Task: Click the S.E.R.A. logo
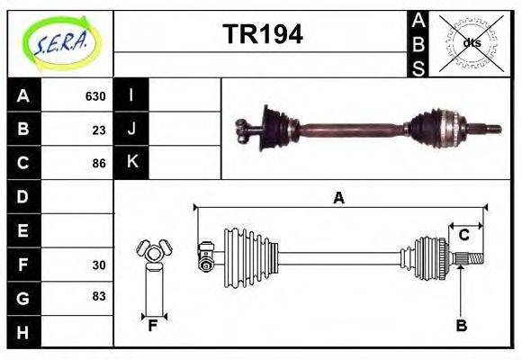pyautogui.click(x=60, y=41)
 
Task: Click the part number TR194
pyautogui.click(x=262, y=34)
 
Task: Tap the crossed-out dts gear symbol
pyautogui.click(x=472, y=42)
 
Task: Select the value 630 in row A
pyautogui.click(x=94, y=96)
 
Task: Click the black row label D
pyautogui.click(x=22, y=196)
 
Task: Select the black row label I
pyautogui.click(x=131, y=95)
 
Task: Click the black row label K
pyautogui.click(x=131, y=162)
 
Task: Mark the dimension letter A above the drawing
pyautogui.click(x=338, y=198)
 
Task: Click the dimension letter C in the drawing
pyautogui.click(x=463, y=235)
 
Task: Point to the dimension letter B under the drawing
pyautogui.click(x=461, y=326)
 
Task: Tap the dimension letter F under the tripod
pyautogui.click(x=153, y=326)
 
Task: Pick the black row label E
pyautogui.click(x=22, y=230)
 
